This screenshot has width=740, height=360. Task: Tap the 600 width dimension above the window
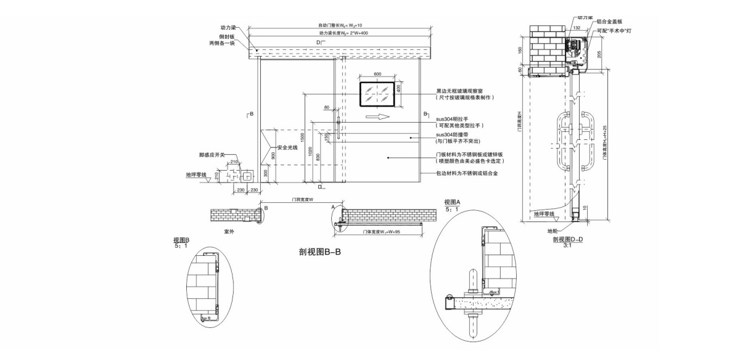click(377, 74)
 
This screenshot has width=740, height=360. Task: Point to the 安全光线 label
click(287, 147)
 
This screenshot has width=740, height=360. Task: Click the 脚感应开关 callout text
click(212, 155)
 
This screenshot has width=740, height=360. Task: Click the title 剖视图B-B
click(321, 252)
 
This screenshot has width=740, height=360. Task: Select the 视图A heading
click(453, 202)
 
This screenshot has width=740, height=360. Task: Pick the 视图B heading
click(182, 240)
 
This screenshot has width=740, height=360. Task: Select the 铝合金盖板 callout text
click(609, 22)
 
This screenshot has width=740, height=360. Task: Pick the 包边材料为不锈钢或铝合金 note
click(467, 174)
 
